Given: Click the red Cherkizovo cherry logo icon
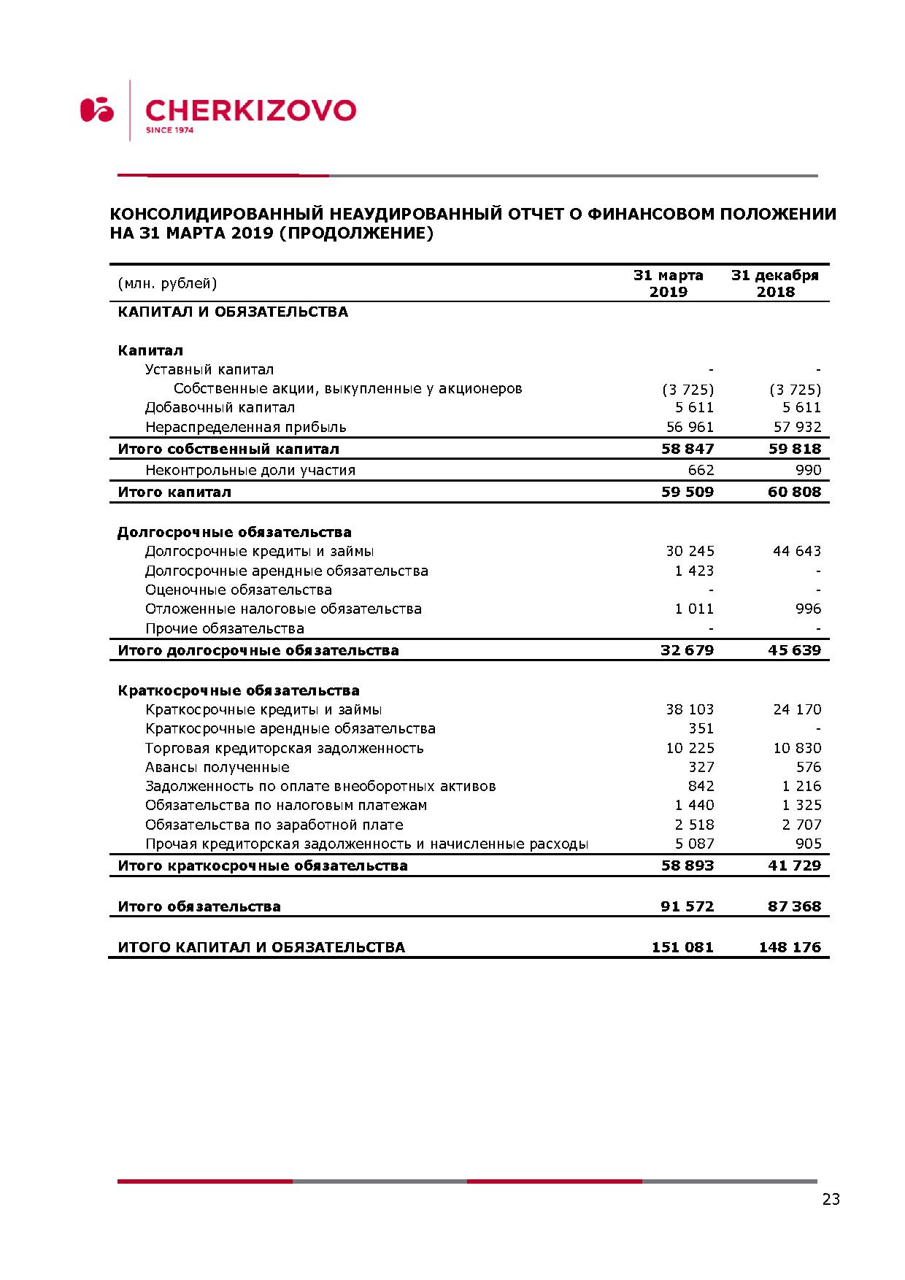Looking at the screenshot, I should (x=97, y=109).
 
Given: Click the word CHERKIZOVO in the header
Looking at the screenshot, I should (x=250, y=110).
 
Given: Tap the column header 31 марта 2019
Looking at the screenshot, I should (x=668, y=283).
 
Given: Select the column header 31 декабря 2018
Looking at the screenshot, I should (x=775, y=283).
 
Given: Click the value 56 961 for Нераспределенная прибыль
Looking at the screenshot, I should (x=690, y=427).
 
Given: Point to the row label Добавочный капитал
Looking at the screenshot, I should (x=220, y=407).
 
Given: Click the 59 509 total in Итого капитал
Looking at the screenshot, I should (x=687, y=492).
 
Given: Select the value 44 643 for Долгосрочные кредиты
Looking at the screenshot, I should (x=796, y=551).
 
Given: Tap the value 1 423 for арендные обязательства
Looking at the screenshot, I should (x=694, y=571).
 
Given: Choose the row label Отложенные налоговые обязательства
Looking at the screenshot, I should (x=283, y=609).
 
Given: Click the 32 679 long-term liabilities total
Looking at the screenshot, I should (x=687, y=650).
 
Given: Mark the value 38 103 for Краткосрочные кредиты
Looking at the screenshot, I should (x=690, y=709).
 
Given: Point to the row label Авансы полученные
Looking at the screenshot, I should (x=217, y=767).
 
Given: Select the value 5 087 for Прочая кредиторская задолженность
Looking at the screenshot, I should (x=694, y=844).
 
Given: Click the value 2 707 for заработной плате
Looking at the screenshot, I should (x=801, y=825).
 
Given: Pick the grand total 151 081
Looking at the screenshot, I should (x=682, y=947).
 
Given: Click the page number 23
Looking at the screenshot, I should (x=831, y=1199).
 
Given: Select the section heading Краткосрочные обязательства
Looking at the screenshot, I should (x=239, y=690).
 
